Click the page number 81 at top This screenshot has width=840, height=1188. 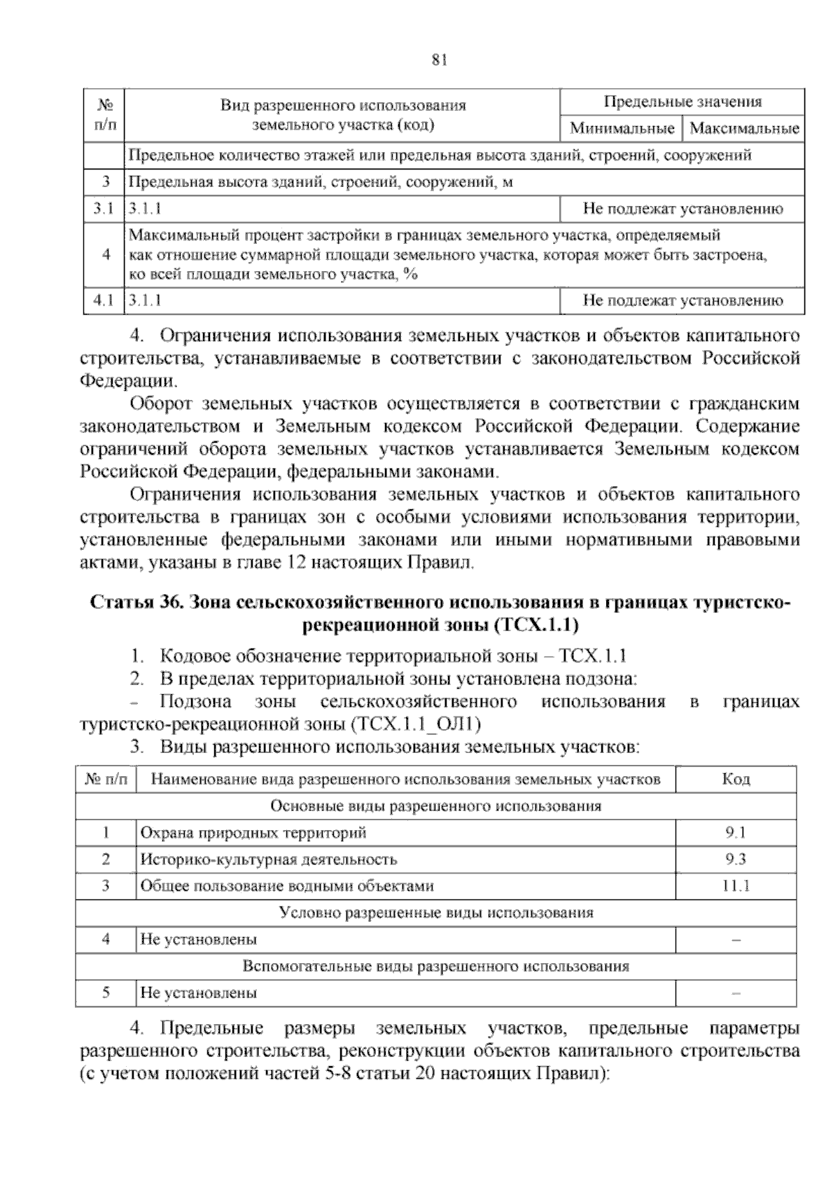pyautogui.click(x=440, y=60)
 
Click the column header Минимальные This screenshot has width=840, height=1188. pyautogui.click(x=622, y=129)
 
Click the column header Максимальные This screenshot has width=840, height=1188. pyautogui.click(x=744, y=129)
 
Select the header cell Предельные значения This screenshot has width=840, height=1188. pyautogui.click(x=682, y=102)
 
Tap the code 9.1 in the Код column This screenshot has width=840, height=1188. pyautogui.click(x=736, y=833)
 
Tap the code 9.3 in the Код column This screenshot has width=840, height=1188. pyautogui.click(x=736, y=859)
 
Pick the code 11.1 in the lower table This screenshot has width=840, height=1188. pyautogui.click(x=736, y=886)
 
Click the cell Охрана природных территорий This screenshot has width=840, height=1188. pyautogui.click(x=253, y=833)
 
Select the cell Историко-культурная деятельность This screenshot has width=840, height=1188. pyautogui.click(x=269, y=859)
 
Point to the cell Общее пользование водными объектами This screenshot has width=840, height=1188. pyautogui.click(x=287, y=886)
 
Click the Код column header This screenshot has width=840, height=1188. pyautogui.click(x=736, y=779)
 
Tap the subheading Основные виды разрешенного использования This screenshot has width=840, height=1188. pyautogui.click(x=435, y=806)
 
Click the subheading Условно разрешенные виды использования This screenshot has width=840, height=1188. pyautogui.click(x=435, y=913)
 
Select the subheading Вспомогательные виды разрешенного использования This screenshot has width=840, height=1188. pyautogui.click(x=435, y=967)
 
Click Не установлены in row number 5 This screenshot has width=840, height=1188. pyautogui.click(x=199, y=993)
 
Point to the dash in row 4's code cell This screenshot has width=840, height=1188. pyautogui.click(x=736, y=940)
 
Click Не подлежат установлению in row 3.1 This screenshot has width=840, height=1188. pyautogui.click(x=682, y=209)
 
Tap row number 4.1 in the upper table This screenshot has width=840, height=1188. pyautogui.click(x=104, y=301)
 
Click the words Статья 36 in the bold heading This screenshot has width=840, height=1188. pyautogui.click(x=136, y=603)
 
